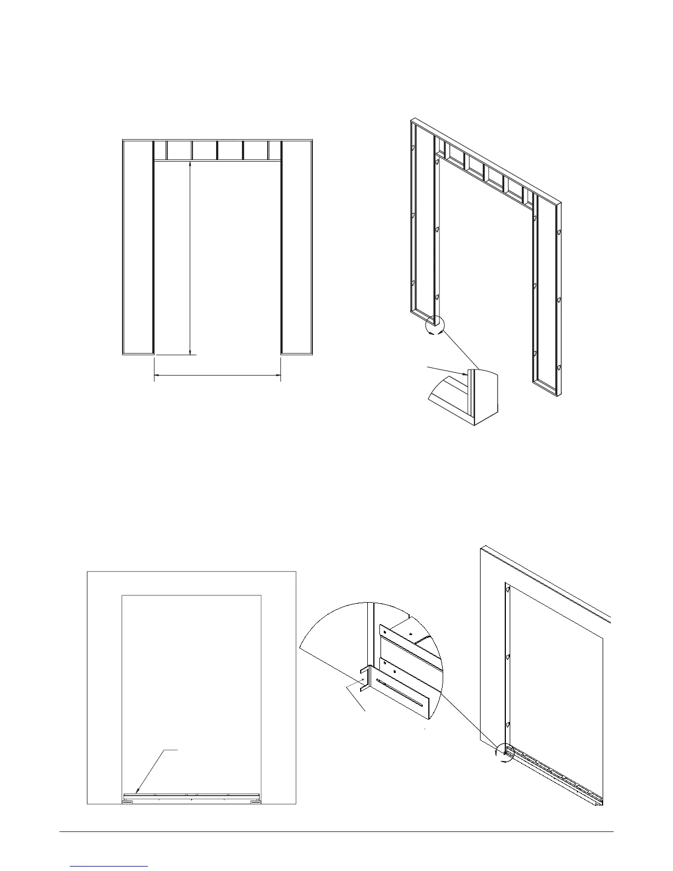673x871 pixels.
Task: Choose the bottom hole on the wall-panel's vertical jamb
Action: (x=509, y=725)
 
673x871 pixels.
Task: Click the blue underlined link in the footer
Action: (x=109, y=866)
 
